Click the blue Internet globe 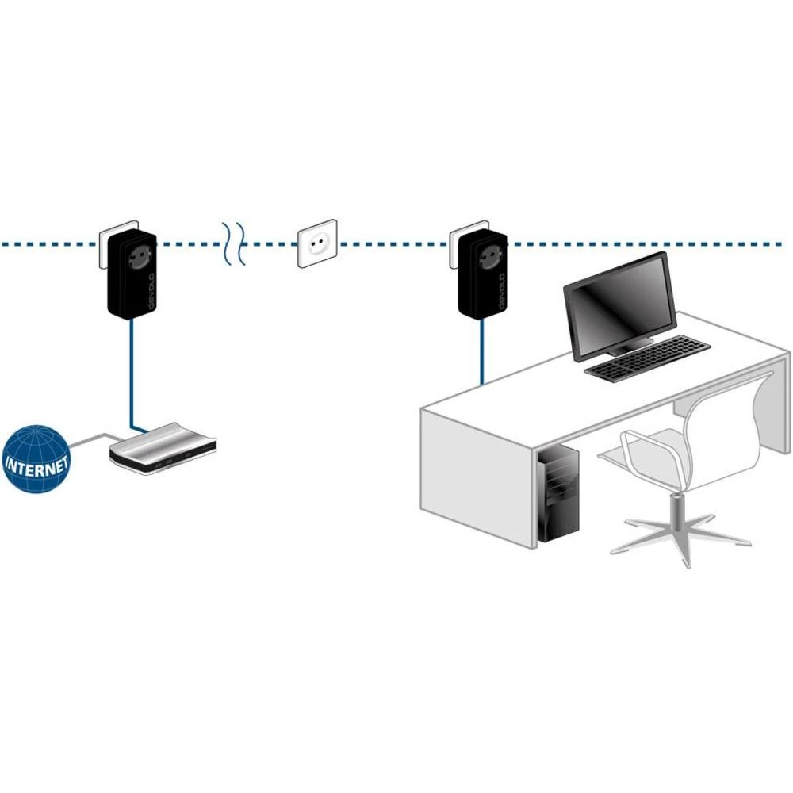(36, 460)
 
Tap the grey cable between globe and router (89, 439)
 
